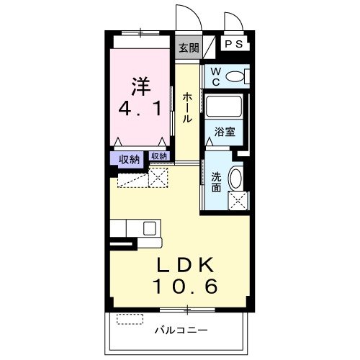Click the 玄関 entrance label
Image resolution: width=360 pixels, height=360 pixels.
point(188,49)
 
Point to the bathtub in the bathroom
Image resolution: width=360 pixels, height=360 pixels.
point(224,109)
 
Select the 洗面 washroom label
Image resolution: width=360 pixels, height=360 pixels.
point(217,181)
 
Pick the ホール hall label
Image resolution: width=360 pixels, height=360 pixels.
point(186,107)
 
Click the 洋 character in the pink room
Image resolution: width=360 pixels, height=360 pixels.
point(141,84)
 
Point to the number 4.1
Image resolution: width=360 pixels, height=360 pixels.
point(141,110)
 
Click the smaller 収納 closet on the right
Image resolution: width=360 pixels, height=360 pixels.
point(159,156)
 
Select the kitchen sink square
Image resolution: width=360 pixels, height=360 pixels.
point(150,228)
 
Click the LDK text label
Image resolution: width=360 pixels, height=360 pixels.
point(184,264)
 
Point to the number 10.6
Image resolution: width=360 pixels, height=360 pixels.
point(184,286)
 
